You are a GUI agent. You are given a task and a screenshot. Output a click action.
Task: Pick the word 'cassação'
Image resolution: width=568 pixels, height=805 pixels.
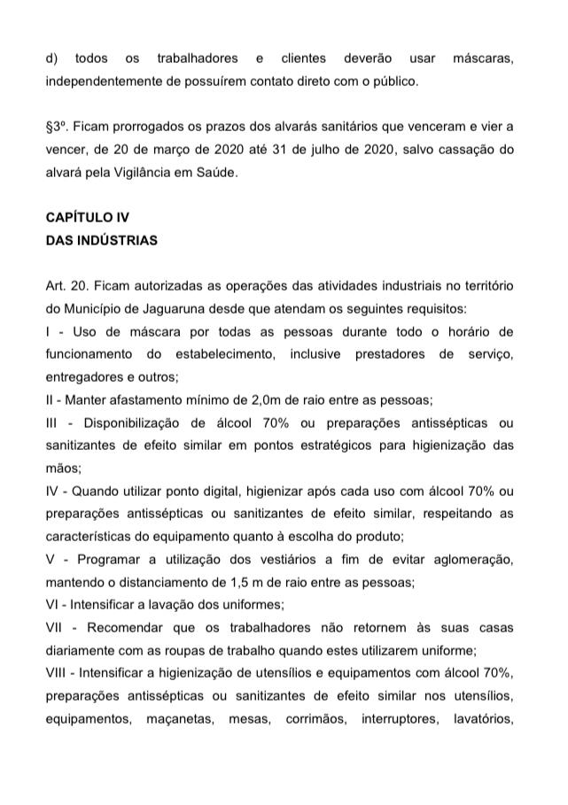[x=464, y=150]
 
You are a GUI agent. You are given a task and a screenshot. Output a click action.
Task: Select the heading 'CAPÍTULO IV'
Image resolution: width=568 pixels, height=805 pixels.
[x=81, y=218]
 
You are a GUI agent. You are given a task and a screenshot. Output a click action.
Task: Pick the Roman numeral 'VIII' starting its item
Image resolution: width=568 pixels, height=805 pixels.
[x=57, y=673]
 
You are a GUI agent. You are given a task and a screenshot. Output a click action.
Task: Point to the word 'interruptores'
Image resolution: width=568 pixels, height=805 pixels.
[x=394, y=719]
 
